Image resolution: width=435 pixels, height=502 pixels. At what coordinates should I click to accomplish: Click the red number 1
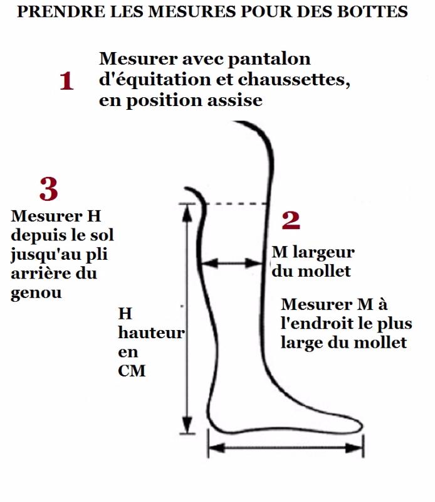coord(66,82)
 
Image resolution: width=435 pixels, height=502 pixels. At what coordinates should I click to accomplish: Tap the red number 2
coord(290,220)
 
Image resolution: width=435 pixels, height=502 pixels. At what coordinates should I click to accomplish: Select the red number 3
coord(48,188)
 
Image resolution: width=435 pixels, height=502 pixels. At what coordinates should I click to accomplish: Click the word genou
coord(36,293)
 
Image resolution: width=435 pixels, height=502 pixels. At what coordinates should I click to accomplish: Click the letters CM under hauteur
coord(132,371)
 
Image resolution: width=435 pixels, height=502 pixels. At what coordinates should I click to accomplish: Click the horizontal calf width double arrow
coord(233,264)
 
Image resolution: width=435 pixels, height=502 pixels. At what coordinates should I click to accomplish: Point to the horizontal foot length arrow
coord(286,448)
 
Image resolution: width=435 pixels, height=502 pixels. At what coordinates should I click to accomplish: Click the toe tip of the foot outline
coord(362,427)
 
